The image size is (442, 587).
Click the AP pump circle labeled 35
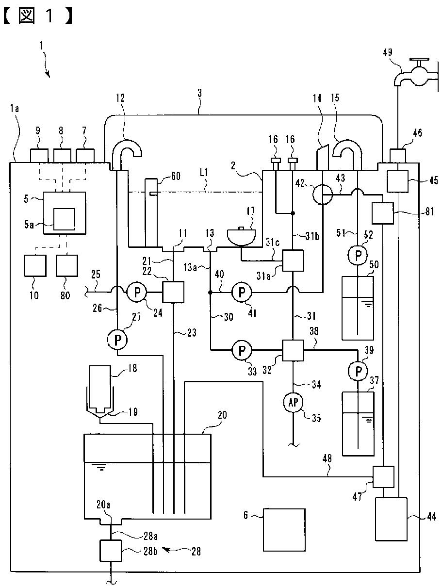pos(293,402)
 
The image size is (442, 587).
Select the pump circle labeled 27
pos(117,340)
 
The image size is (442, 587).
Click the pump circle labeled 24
pos(137,293)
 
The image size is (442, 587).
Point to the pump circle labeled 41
pos(242,293)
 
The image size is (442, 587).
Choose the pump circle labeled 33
pos(242,350)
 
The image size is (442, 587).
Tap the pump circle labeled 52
pos(358,255)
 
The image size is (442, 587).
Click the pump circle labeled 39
pos(358,371)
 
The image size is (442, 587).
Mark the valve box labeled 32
pos(293,350)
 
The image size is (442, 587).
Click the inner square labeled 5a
pos(64,219)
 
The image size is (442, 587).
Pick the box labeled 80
pos(67,265)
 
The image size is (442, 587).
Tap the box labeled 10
pos(35,265)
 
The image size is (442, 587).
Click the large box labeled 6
pos(284,530)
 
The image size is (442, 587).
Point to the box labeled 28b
pos(111,550)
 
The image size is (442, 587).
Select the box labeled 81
pos(383,213)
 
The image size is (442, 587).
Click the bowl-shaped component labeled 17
pos(241,237)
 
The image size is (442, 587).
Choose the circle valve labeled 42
pos(323,195)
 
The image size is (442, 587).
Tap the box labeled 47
pos(383,477)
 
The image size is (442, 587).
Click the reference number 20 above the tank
pos(222,415)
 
